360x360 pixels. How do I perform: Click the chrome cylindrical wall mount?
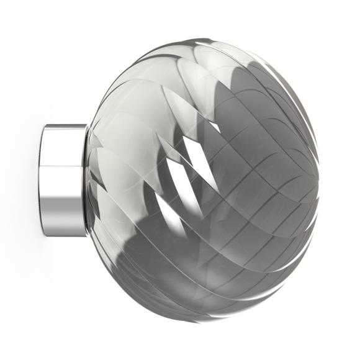(x=64, y=180)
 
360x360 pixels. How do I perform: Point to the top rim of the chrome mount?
(x=64, y=126)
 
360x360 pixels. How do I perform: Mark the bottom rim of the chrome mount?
(x=64, y=235)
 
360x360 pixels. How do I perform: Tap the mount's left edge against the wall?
(x=42, y=180)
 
